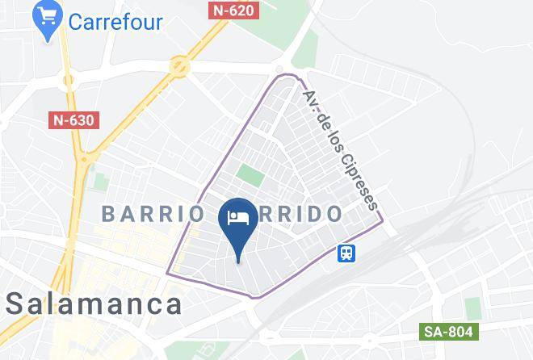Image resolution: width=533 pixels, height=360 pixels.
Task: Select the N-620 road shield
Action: click(x=234, y=10)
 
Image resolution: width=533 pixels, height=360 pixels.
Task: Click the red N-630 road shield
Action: click(x=73, y=119)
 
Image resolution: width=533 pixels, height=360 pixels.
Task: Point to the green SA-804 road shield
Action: click(x=450, y=332)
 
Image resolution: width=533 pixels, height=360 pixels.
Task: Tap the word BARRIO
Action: click(x=153, y=215)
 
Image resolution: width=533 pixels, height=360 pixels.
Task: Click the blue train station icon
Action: click(x=346, y=253)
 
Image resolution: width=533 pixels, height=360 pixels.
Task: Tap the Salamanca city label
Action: click(x=94, y=304)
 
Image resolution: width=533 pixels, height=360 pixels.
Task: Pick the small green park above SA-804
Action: click(x=472, y=307)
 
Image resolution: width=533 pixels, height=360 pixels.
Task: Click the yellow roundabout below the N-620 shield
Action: click(x=179, y=67)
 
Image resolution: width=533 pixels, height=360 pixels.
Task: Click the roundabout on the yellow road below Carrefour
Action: click(x=70, y=81)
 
